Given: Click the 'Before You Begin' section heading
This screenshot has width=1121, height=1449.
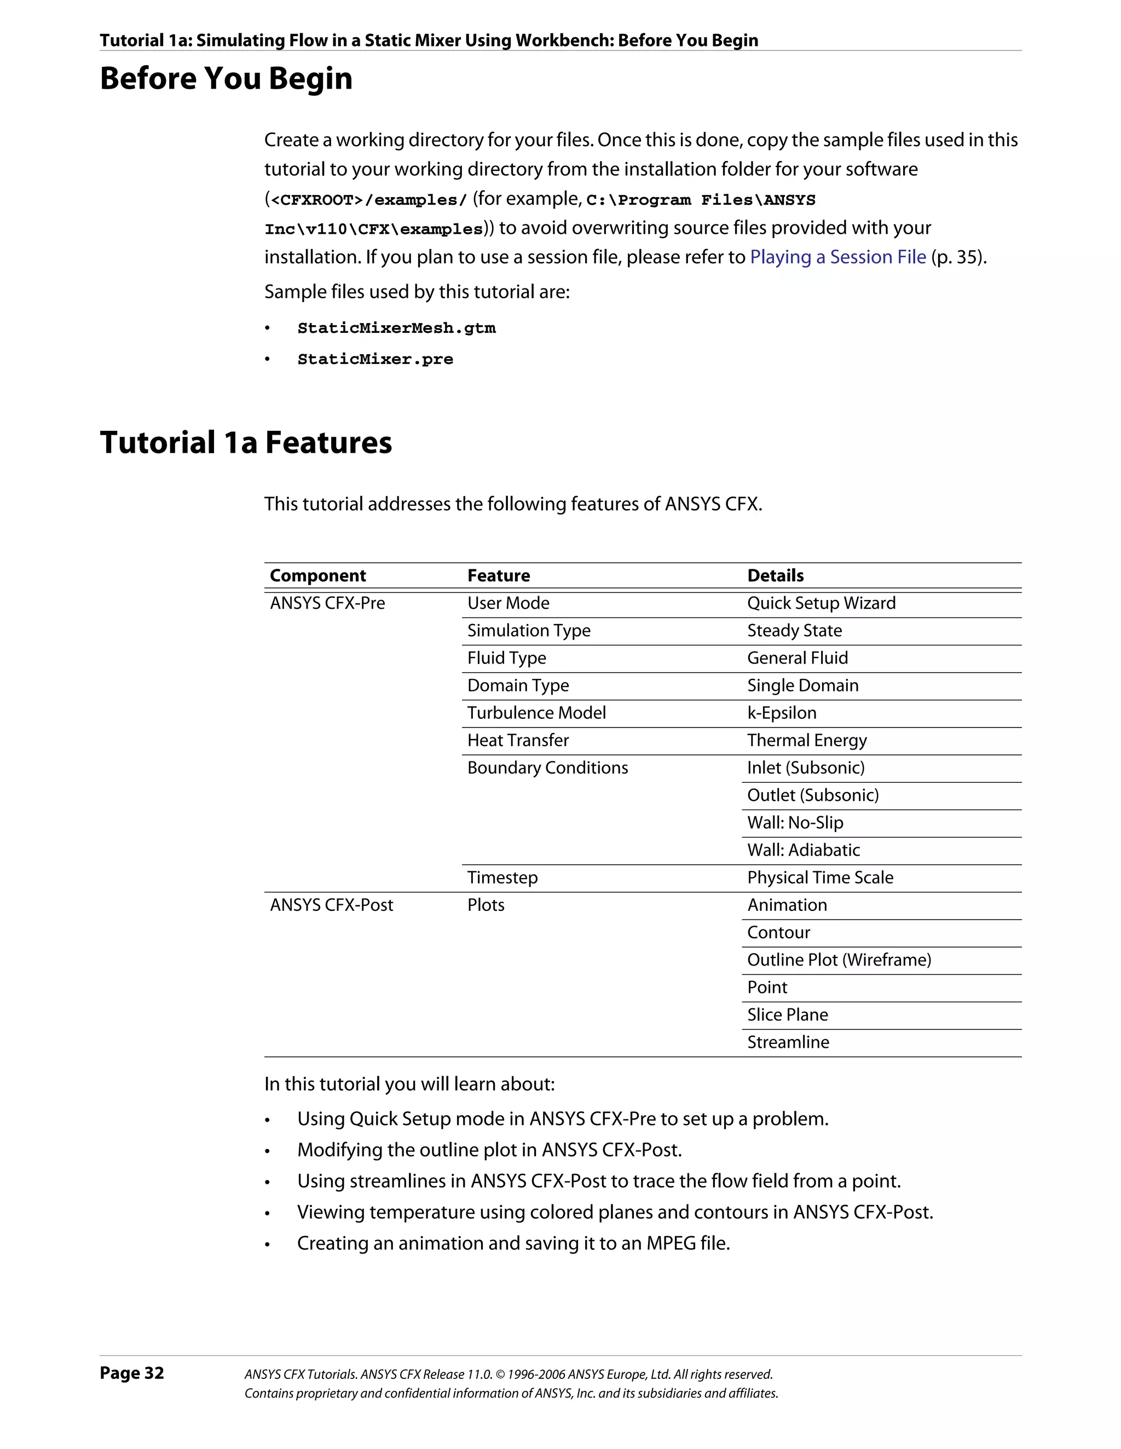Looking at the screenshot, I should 226,79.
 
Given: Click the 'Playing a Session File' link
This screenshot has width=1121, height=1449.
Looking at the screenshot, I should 838,257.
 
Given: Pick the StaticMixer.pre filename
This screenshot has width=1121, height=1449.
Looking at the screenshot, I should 375,360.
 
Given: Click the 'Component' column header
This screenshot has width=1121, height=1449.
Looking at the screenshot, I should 317,576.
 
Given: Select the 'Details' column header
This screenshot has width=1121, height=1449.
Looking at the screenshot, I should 776,576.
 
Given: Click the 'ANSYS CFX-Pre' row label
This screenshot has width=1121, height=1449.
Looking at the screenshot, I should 328,603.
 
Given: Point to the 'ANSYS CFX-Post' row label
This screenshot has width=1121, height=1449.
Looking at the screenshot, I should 332,905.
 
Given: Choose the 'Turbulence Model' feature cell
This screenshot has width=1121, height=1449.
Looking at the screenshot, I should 536,713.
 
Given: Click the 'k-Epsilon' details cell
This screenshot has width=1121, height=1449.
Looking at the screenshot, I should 782,713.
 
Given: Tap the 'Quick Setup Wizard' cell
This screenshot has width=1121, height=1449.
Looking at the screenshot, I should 821,603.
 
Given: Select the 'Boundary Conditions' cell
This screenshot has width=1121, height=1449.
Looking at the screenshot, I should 547,767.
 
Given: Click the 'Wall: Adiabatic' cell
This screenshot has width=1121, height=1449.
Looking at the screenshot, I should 804,850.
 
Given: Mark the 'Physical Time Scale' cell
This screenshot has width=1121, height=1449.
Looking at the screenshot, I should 820,878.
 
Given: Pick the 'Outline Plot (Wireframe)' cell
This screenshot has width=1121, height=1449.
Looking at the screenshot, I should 839,960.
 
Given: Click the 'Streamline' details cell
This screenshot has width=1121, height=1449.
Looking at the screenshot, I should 788,1042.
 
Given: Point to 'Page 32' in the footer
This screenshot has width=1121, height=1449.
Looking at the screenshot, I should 132,1373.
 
